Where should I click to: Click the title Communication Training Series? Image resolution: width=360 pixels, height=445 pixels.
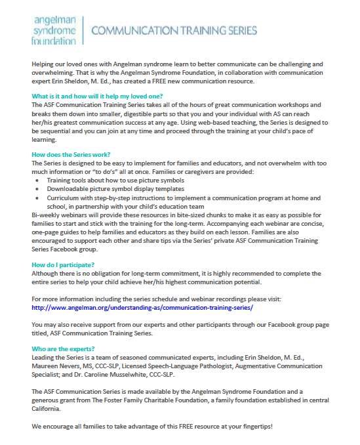[x=174, y=31]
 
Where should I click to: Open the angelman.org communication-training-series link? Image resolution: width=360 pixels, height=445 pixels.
[x=142, y=307]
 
